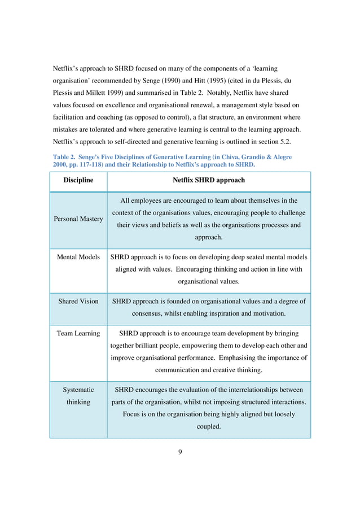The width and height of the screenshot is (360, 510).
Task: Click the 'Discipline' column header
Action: click(78, 181)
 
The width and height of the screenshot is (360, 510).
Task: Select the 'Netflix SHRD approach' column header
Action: click(209, 181)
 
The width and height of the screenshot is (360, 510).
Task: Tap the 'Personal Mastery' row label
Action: click(78, 219)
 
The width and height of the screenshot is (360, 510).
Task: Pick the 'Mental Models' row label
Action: click(78, 257)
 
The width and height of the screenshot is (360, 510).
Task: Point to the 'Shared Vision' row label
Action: click(78, 301)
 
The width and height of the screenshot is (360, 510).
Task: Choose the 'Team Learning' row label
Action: click(78, 333)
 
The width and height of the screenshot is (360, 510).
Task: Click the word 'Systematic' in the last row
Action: click(78, 390)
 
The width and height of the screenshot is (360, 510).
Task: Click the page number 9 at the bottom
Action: click(180, 451)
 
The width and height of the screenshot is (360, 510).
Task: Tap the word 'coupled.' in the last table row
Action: click(208, 426)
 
